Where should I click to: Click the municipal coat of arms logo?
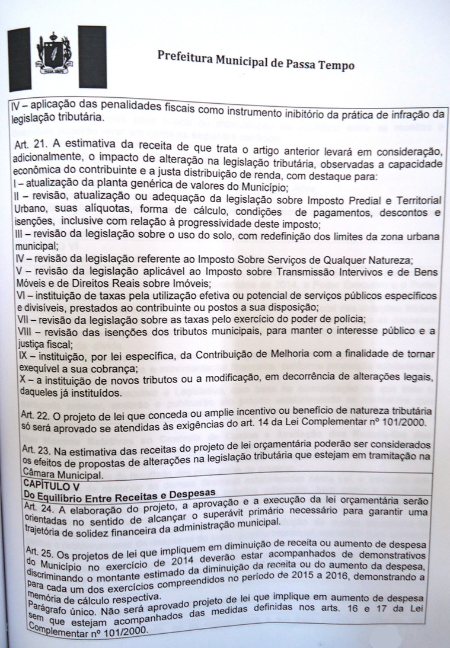pos(54,57)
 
